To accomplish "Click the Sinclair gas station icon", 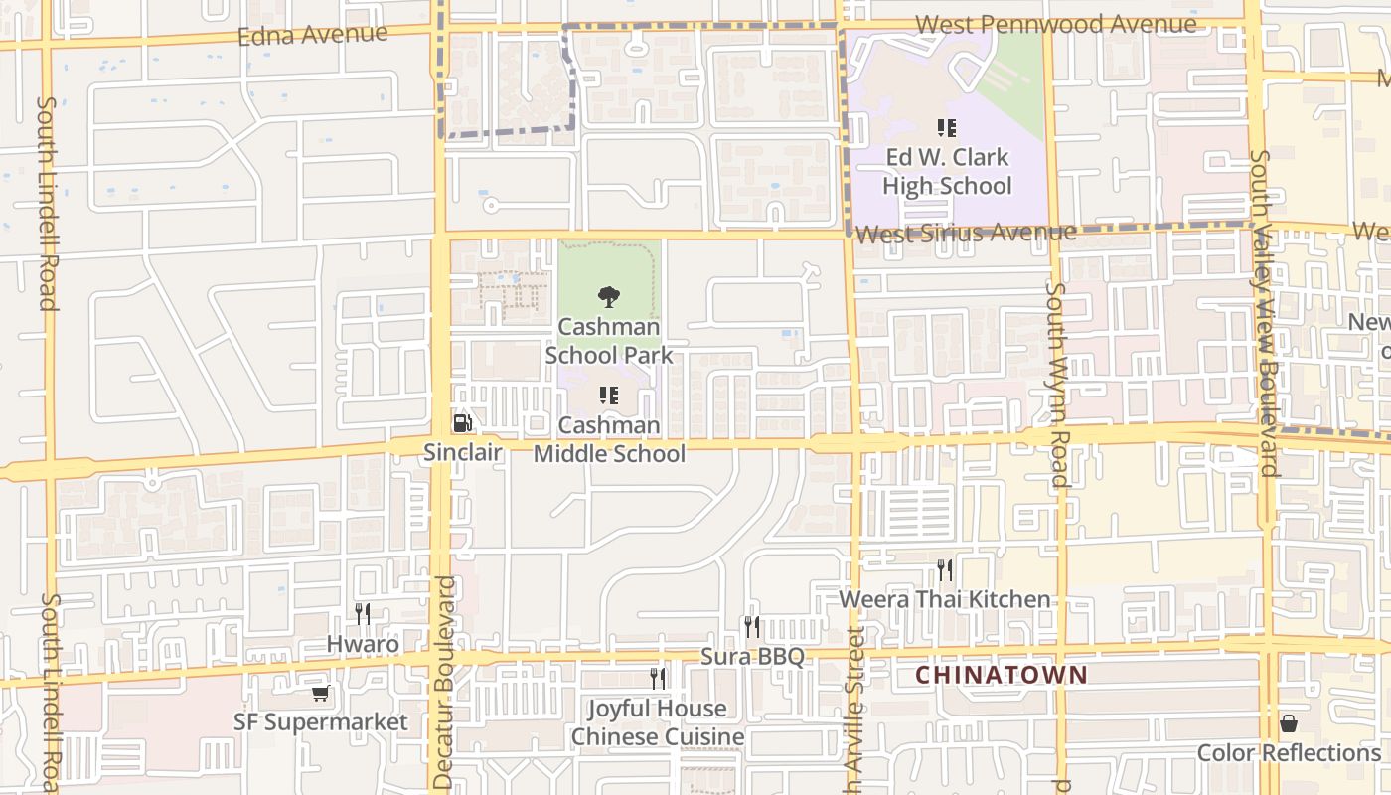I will click(462, 423).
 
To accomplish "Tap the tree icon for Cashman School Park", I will click(609, 296).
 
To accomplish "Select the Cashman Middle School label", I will click(609, 439).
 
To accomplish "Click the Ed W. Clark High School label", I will click(947, 171).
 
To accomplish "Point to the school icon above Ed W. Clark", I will click(946, 127).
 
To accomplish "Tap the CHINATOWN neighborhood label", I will click(1001, 675).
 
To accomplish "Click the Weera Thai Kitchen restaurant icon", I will click(944, 569).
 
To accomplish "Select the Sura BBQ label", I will click(752, 656).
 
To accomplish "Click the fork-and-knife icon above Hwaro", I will click(363, 613).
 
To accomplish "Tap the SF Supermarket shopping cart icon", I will click(320, 693).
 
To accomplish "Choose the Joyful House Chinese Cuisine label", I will click(657, 722).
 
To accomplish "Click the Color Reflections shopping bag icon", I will click(1289, 722).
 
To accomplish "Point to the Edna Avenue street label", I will click(313, 35).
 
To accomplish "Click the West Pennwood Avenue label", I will click(1055, 24).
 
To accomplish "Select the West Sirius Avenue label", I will click(965, 234).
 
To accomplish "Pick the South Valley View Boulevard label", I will click(1263, 313).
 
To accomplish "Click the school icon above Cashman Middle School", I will click(609, 396).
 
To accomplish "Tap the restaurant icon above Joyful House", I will click(657, 678).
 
